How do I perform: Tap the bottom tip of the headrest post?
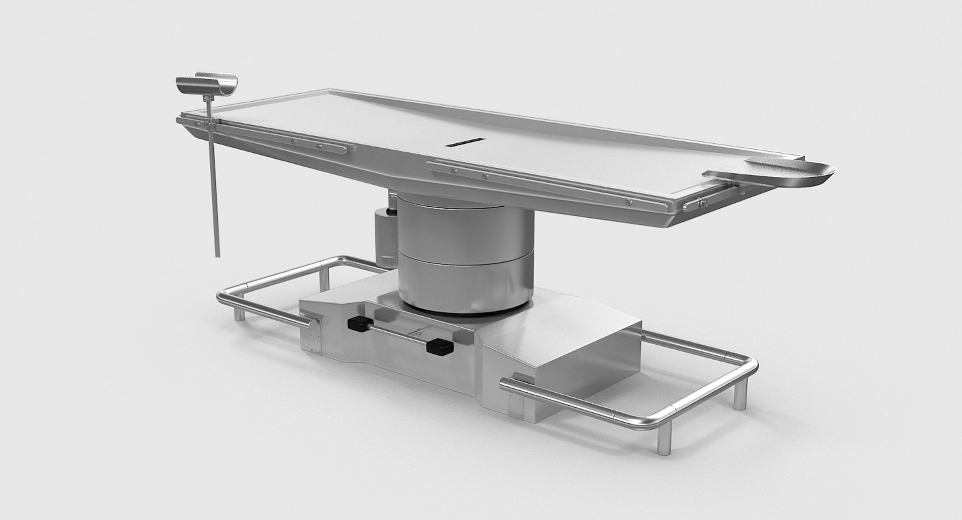(217, 254)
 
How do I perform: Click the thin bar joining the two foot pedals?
(398, 335)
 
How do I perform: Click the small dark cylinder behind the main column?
(385, 233)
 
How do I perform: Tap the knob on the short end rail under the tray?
(703, 203)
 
